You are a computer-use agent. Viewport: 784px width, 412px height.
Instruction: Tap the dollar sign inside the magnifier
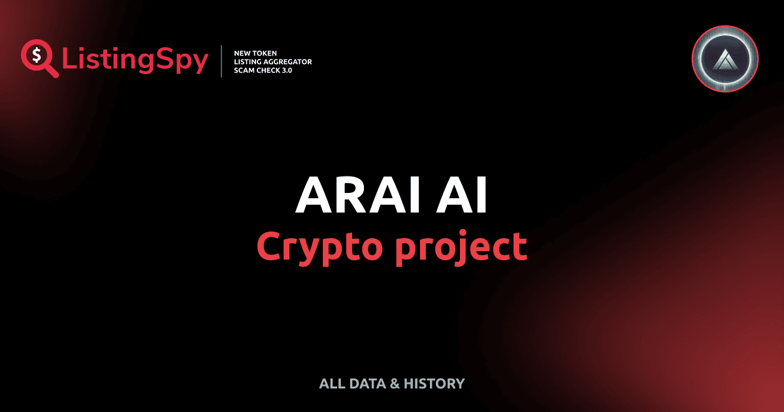(x=35, y=54)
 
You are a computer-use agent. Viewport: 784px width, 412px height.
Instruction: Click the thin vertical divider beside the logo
(x=222, y=61)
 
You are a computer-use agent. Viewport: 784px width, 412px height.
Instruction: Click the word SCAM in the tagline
(x=245, y=70)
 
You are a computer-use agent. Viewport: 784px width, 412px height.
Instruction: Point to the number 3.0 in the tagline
(x=286, y=70)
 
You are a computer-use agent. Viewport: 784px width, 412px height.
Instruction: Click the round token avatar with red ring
(x=725, y=61)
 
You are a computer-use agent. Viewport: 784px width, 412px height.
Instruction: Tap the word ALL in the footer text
(x=331, y=384)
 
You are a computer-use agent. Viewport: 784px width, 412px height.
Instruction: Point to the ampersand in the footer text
(x=394, y=384)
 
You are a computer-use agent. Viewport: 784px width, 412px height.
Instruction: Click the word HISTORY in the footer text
(x=434, y=384)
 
